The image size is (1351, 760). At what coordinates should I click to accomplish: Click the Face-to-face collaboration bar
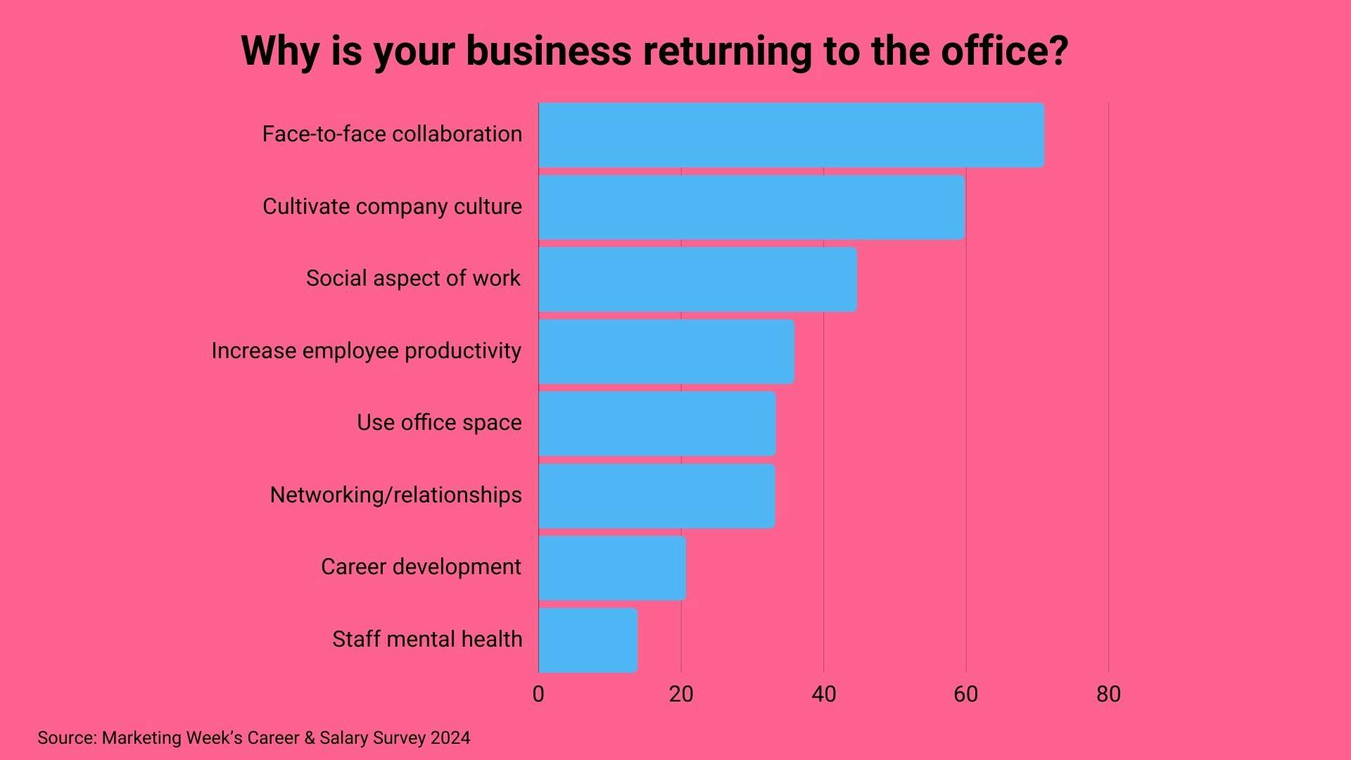pos(791,135)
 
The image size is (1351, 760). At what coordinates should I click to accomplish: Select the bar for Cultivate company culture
pos(751,207)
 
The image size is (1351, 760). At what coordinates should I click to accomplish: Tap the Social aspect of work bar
pos(697,279)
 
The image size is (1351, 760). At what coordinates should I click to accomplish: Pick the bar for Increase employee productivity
pos(666,351)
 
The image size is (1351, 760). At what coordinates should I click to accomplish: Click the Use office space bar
pos(657,424)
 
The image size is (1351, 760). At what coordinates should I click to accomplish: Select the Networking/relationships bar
pos(657,495)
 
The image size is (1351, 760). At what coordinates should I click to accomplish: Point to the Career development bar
pos(611,568)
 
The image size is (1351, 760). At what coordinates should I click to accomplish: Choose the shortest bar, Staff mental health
pos(588,640)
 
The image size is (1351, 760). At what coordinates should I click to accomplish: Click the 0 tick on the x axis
pos(538,694)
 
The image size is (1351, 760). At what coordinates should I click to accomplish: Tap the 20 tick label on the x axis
pos(681,694)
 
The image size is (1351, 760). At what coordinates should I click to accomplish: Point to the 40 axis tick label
pos(823,694)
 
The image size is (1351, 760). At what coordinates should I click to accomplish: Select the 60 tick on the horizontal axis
pos(965,694)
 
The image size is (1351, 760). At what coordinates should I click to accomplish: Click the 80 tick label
pos(1108,694)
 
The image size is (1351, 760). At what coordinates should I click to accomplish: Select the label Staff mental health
pos(427,639)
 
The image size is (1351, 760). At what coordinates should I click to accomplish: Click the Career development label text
pos(421,566)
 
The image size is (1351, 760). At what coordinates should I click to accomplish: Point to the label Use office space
pos(439,422)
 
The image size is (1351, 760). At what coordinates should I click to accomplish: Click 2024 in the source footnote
pos(450,737)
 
